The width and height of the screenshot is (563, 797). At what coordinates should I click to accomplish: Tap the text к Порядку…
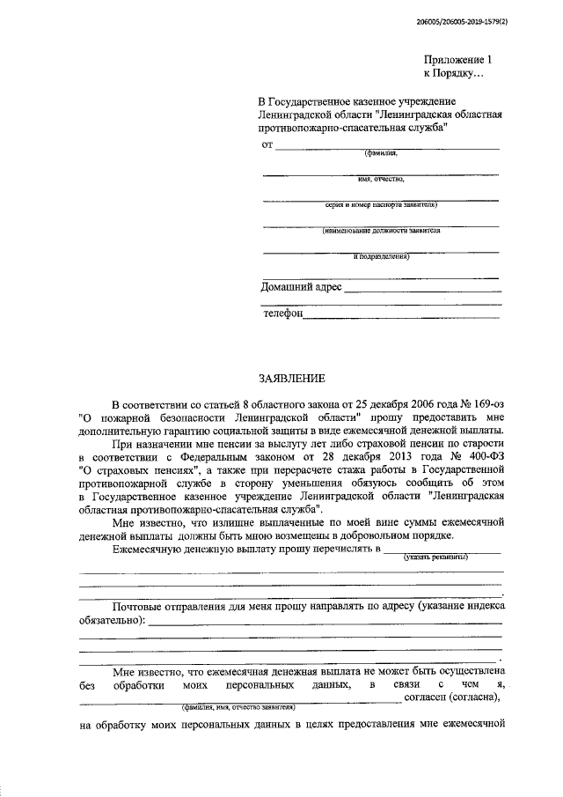click(x=454, y=74)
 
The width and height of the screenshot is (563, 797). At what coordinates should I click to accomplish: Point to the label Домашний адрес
click(x=302, y=287)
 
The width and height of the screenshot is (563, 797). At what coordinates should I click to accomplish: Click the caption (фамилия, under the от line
click(x=381, y=153)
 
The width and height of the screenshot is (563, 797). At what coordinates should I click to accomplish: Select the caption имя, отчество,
click(x=381, y=180)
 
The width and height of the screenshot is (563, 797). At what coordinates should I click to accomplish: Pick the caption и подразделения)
click(x=381, y=257)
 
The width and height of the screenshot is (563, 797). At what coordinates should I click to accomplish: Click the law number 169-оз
click(x=482, y=401)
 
